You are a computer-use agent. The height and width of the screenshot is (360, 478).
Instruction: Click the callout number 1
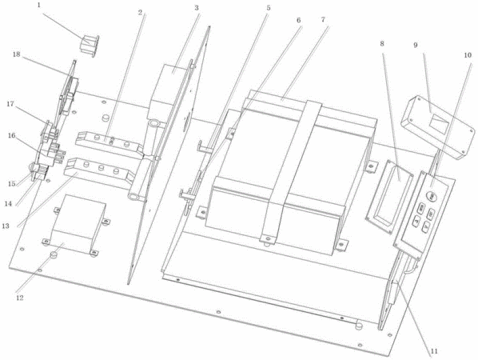[x=38, y=6]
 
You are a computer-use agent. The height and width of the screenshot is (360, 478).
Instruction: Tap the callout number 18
[x=16, y=54]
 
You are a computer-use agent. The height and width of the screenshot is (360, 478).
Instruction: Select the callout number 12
[x=19, y=298]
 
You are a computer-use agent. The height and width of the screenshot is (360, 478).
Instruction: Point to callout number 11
[x=434, y=351]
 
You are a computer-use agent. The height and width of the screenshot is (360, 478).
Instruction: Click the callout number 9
[x=416, y=45]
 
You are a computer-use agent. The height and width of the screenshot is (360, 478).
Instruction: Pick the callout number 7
[x=323, y=20]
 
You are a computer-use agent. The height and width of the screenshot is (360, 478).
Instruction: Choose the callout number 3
[x=197, y=8]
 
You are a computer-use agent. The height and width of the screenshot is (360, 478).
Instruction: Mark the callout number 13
[x=6, y=226]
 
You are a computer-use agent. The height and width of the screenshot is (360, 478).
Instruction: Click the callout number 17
[x=10, y=104]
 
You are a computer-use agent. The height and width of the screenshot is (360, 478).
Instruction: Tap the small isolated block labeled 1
[x=90, y=46]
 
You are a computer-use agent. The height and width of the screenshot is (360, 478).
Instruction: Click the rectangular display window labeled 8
[x=389, y=196]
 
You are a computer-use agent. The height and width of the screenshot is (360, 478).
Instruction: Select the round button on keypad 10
[x=432, y=196]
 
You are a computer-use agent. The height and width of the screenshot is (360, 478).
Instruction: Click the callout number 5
[x=269, y=8]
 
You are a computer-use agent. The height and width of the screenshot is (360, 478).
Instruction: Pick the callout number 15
[x=11, y=184]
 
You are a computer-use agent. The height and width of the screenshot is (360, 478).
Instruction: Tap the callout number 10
[x=468, y=55]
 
